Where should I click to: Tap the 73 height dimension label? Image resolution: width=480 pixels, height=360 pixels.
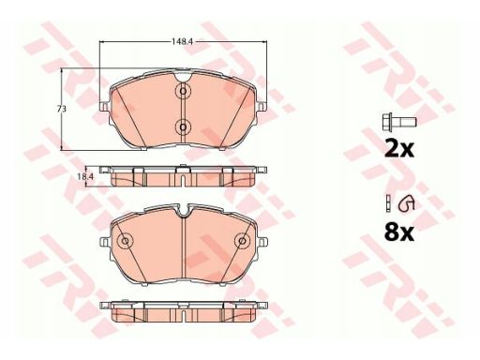click(61, 109)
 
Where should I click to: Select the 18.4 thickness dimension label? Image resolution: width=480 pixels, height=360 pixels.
click(85, 176)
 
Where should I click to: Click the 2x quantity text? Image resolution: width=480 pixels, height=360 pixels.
click(399, 149)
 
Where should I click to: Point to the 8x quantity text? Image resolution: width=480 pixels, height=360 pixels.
click(399, 232)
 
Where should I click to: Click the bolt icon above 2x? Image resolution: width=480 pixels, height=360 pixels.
click(399, 122)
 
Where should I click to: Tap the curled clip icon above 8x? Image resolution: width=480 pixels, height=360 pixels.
click(406, 203)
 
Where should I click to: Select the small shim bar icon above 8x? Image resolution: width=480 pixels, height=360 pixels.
click(388, 203)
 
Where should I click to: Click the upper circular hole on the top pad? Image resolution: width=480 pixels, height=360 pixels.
click(184, 91)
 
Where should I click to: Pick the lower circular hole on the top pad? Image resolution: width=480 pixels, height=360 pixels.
click(184, 127)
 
